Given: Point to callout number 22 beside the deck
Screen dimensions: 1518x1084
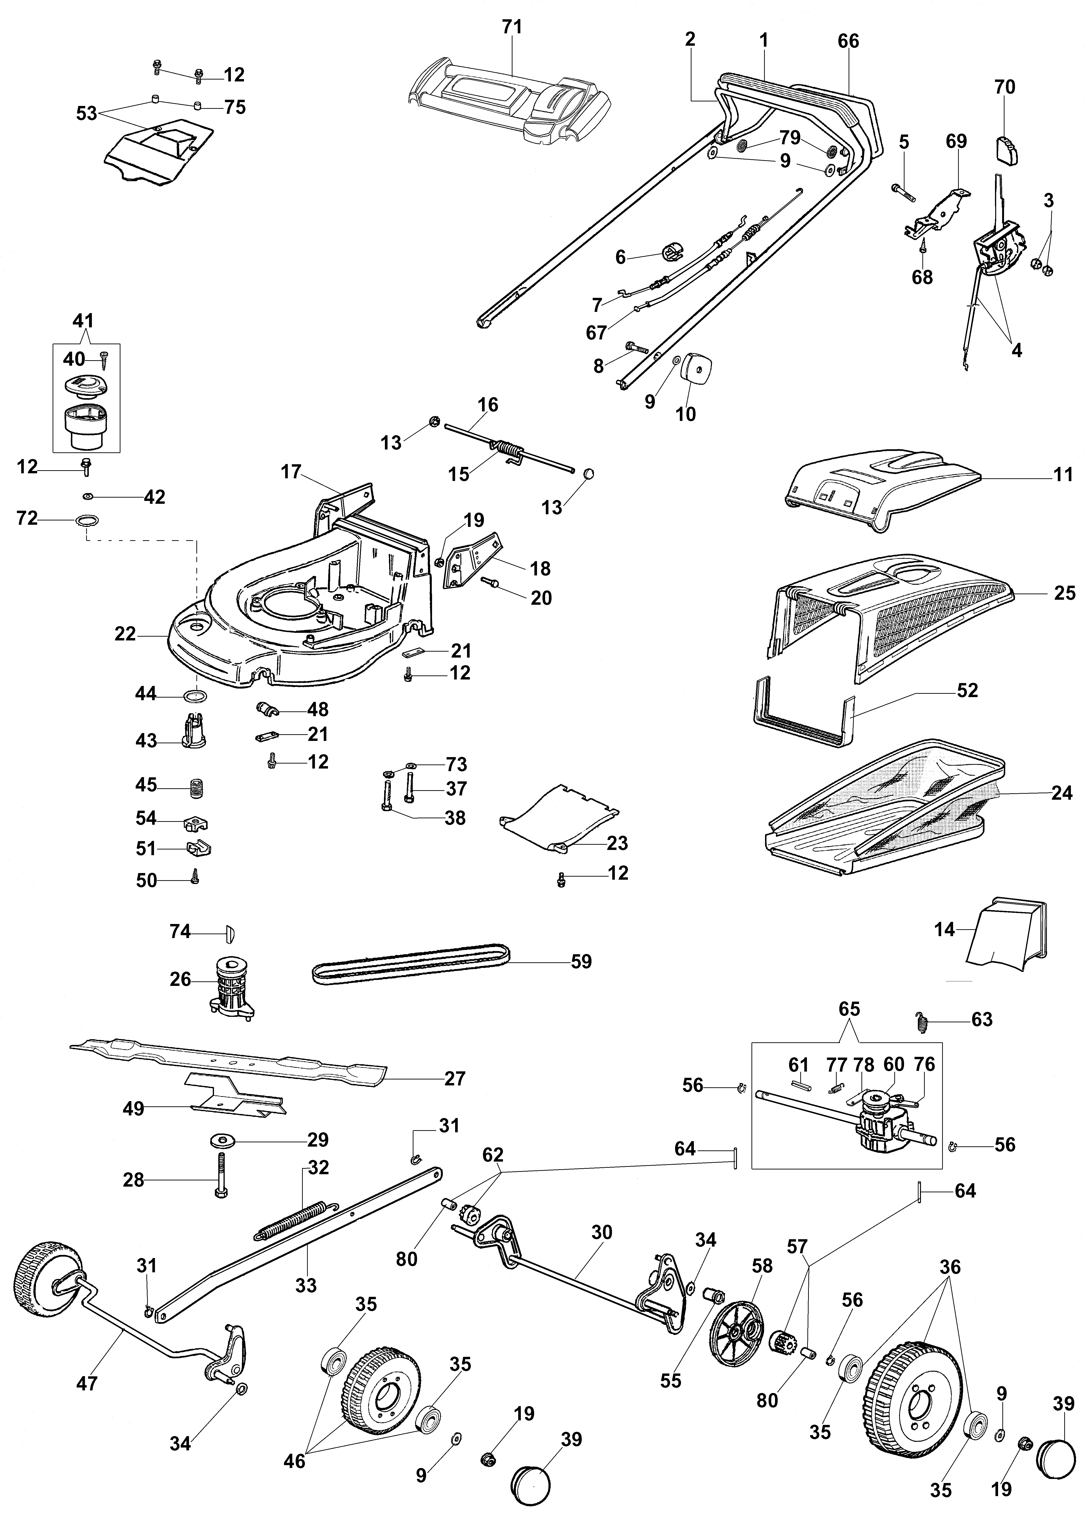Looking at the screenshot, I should [125, 634].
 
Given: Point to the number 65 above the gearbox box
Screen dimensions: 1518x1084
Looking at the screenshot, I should [849, 1009].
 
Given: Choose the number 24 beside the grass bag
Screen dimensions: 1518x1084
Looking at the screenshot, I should [1061, 793].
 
